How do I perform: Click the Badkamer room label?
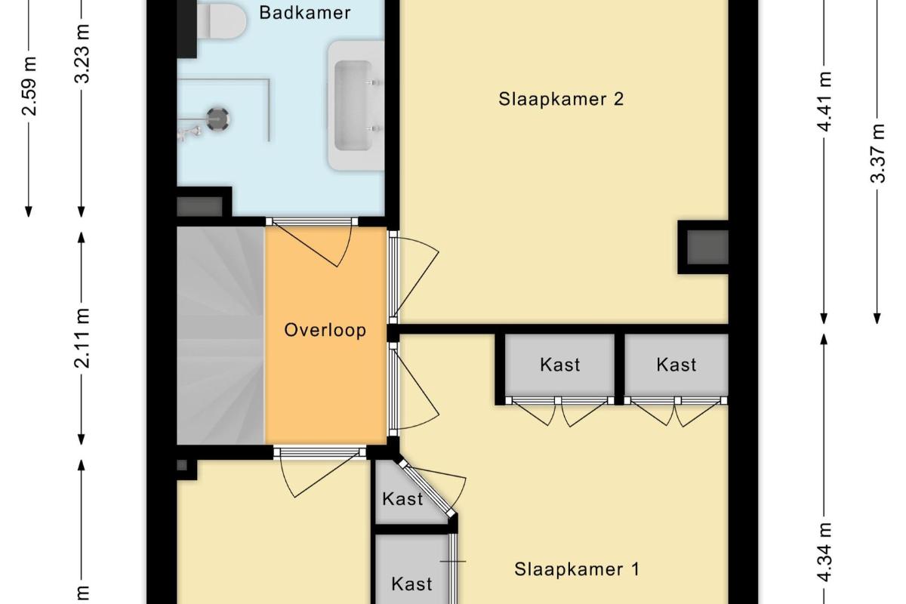click(x=304, y=13)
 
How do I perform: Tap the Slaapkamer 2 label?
click(x=561, y=100)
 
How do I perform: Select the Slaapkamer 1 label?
click(x=577, y=569)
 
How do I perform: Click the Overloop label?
click(x=325, y=330)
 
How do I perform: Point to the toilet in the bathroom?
click(x=222, y=20)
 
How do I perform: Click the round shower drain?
click(x=218, y=119)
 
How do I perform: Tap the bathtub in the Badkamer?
click(x=355, y=106)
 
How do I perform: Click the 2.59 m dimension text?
click(x=29, y=87)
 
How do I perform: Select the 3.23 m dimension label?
click(x=82, y=54)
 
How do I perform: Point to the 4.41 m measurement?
click(x=824, y=101)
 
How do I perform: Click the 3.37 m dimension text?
click(x=877, y=153)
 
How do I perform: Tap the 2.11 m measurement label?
click(x=82, y=338)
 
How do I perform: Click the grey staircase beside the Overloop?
click(x=220, y=336)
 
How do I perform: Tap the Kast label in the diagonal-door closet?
click(x=402, y=499)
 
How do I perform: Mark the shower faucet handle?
click(x=191, y=132)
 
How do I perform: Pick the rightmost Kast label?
click(x=676, y=365)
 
